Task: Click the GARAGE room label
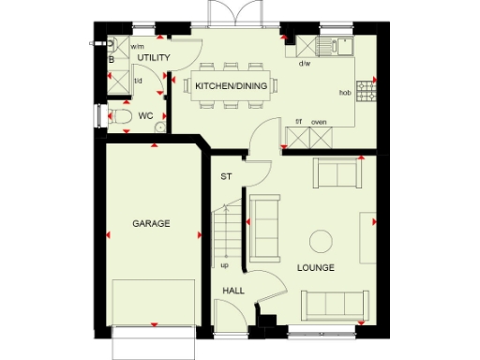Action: click(151, 224)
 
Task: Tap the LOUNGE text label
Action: click(315, 268)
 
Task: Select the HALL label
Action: click(233, 291)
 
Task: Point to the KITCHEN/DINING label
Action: click(231, 86)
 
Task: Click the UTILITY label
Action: click(153, 58)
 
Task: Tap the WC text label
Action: click(145, 116)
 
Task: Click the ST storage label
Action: click(225, 176)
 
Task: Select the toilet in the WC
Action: click(119, 117)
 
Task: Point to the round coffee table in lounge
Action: click(322, 240)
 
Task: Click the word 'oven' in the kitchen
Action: click(318, 122)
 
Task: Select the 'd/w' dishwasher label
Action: click(304, 64)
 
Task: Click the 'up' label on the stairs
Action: click(224, 265)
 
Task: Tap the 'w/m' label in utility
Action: click(137, 46)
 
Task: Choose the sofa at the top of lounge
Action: click(337, 173)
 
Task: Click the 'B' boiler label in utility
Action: click(112, 59)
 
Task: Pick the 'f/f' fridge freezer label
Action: click(299, 122)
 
